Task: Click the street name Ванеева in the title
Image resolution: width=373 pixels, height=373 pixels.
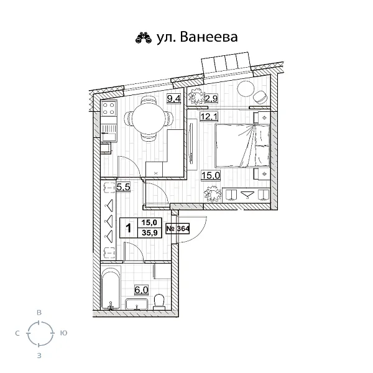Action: point(208,38)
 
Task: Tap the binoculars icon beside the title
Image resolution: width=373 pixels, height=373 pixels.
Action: point(144,39)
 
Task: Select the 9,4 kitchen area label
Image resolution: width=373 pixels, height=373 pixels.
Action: point(174,97)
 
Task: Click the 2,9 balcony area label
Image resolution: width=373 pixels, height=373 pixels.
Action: point(211,97)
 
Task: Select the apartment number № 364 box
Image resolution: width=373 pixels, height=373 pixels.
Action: point(178,228)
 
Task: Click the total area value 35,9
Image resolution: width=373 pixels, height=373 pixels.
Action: point(149,233)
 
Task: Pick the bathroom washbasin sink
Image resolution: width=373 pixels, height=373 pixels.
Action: point(136,304)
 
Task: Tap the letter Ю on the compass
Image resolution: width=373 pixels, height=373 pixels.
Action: point(63,334)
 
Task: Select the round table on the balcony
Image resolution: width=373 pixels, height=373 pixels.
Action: point(246,88)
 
